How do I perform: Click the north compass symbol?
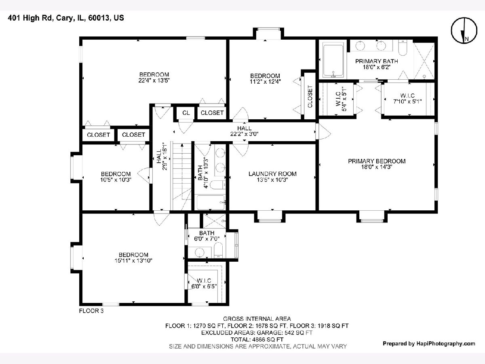coord(464,30)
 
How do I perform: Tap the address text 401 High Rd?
coord(30,18)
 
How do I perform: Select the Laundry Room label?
coord(272,174)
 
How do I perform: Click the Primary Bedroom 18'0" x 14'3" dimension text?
coord(377,167)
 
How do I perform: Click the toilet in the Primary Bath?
coord(403,48)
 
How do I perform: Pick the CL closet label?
coord(186,113)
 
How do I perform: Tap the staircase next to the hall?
coord(182,177)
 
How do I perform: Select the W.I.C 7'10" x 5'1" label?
coord(408,99)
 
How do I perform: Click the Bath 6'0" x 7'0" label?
coord(207,236)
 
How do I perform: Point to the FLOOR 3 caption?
coord(91,311)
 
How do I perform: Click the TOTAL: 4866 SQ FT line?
coord(257,339)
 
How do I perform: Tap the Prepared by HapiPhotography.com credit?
coord(429,343)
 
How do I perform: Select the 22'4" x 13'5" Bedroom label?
coord(154,77)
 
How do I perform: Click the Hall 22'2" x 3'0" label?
coord(245,131)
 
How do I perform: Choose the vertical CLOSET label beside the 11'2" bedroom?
coord(310,96)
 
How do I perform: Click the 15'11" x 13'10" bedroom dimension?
coord(133,260)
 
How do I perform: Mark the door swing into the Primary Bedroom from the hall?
coord(323,132)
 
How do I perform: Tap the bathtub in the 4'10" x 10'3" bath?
coord(211,202)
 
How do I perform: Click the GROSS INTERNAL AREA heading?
coord(257,319)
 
